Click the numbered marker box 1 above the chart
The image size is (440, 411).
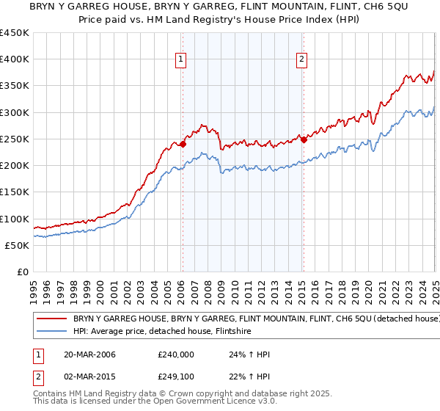pos(180,61)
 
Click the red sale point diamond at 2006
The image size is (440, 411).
pos(183,144)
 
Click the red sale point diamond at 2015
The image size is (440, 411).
pos(304,139)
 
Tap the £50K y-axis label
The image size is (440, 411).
pos(18,245)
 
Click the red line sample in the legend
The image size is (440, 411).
pos(51,319)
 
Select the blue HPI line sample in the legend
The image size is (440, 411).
pos(51,332)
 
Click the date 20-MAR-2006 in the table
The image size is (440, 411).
pos(90,354)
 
